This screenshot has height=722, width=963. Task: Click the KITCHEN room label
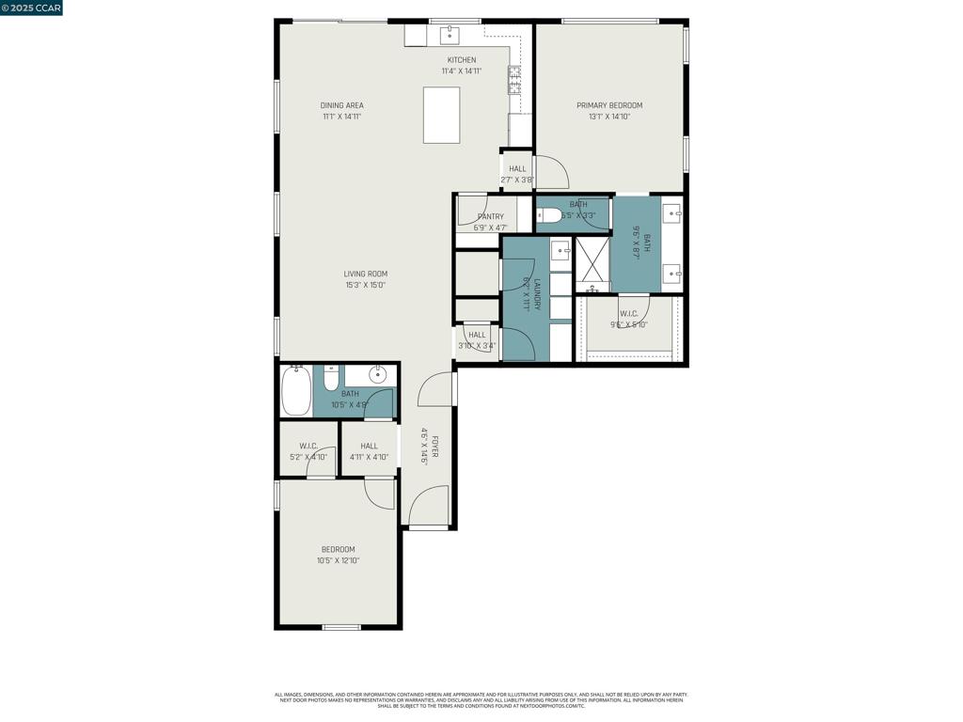coord(461,60)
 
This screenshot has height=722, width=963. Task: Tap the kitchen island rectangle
coord(442,115)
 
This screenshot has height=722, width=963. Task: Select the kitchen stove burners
coord(514,80)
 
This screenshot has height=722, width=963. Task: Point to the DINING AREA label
coord(341,105)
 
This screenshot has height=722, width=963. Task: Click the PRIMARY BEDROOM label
coord(609,105)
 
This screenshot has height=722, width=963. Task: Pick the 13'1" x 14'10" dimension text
coord(609,118)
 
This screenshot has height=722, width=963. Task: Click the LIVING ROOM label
coord(365,274)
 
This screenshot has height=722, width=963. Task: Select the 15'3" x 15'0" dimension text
coord(365,285)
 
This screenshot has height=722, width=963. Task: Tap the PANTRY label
coord(490,216)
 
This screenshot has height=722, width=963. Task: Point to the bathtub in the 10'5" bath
coord(296,390)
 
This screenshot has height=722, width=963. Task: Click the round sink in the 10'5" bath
coord(378,375)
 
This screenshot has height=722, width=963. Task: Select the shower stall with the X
coord(592,265)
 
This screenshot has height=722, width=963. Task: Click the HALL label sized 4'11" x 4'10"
coord(369,446)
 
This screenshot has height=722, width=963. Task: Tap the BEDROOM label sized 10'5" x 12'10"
coord(338,549)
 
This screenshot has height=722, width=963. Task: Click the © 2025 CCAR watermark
coord(32,8)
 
